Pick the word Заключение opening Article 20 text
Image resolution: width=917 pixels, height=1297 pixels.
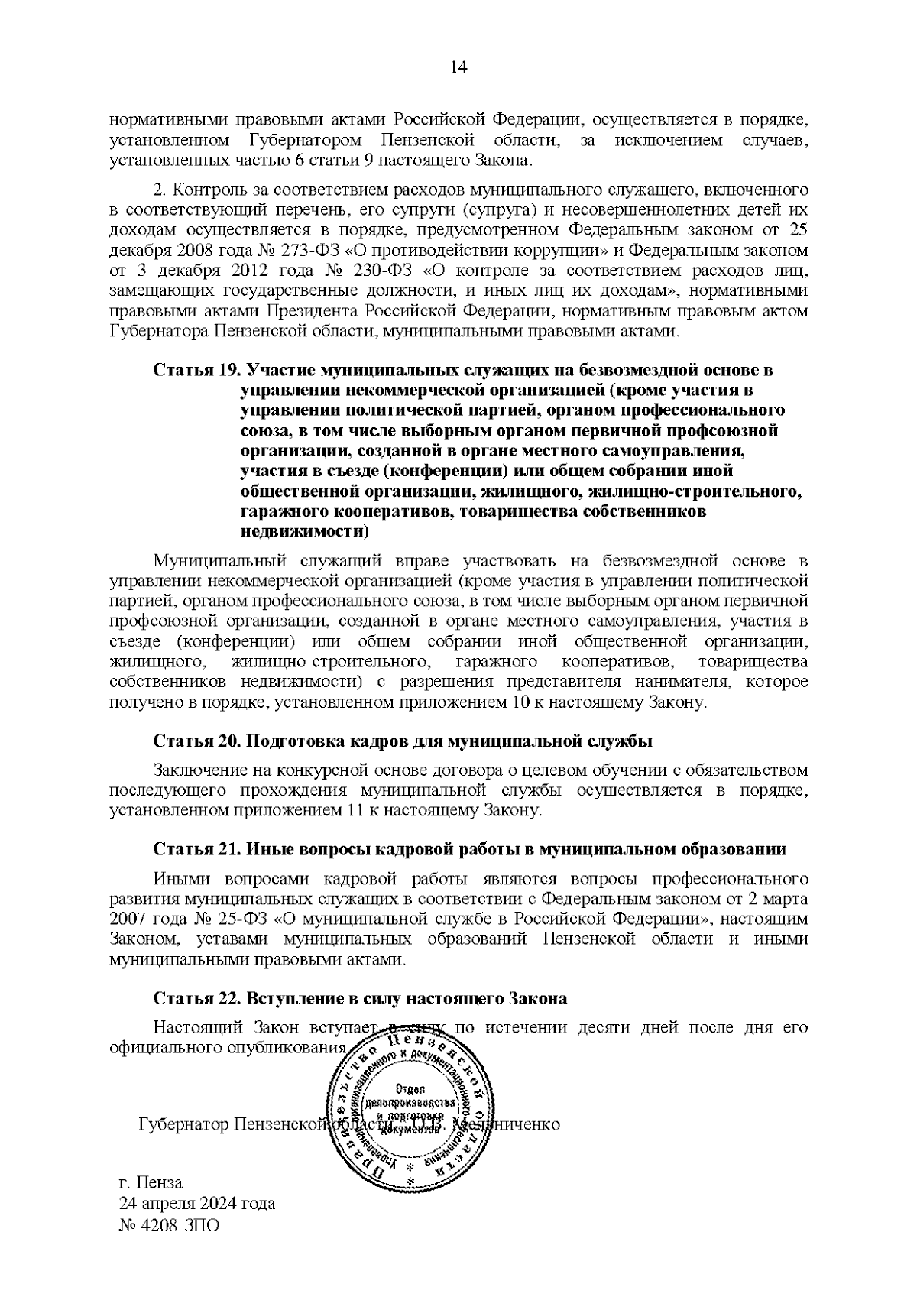(x=198, y=770)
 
